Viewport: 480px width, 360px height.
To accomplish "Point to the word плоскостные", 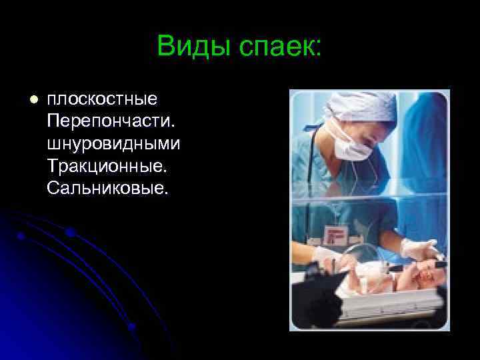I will (x=102, y=100).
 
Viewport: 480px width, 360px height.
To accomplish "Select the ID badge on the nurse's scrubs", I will (x=333, y=235).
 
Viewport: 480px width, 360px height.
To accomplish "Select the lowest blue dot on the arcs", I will (x=132, y=327).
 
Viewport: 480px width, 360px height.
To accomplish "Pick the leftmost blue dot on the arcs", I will (x=21, y=236).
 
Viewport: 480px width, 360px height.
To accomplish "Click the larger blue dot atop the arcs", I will (x=69, y=233).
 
